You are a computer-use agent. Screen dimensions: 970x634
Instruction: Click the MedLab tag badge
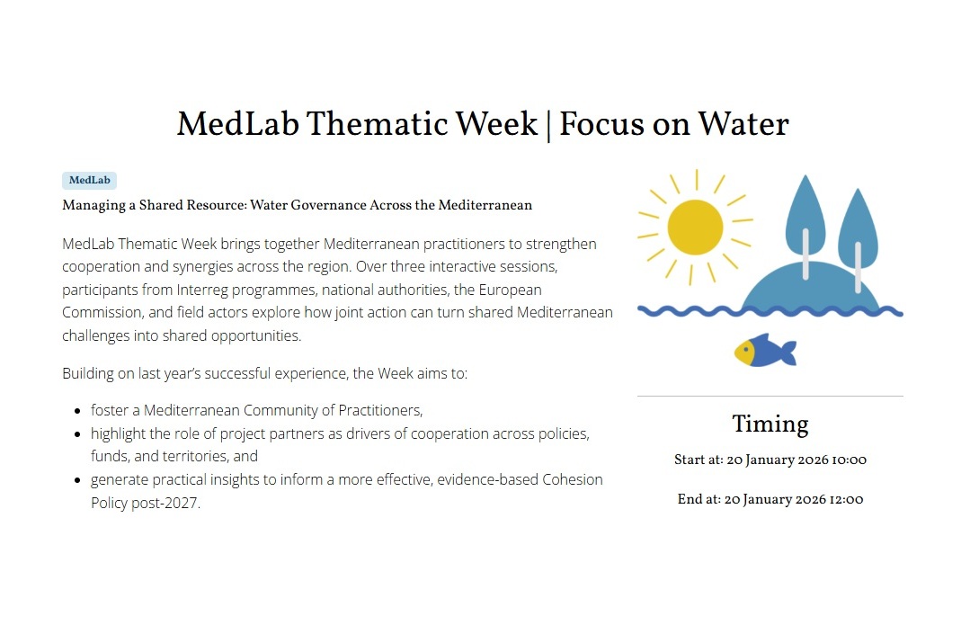(89, 180)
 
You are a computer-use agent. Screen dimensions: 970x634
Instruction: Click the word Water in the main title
(743, 124)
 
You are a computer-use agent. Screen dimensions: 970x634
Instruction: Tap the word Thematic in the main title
(377, 124)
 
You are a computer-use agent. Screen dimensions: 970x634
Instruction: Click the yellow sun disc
(695, 227)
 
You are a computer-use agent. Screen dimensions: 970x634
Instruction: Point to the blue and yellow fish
(765, 350)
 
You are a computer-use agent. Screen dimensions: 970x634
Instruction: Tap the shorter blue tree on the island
(858, 239)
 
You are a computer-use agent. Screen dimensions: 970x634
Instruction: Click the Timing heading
(770, 424)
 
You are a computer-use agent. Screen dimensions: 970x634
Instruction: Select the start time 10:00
(849, 460)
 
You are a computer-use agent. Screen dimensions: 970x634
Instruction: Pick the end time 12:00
(846, 499)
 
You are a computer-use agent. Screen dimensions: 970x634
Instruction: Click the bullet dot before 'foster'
(77, 411)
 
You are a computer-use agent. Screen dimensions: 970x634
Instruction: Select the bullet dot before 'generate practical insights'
(77, 480)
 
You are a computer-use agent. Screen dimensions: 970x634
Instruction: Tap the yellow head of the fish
(745, 353)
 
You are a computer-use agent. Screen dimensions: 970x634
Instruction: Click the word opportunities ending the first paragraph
(256, 335)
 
